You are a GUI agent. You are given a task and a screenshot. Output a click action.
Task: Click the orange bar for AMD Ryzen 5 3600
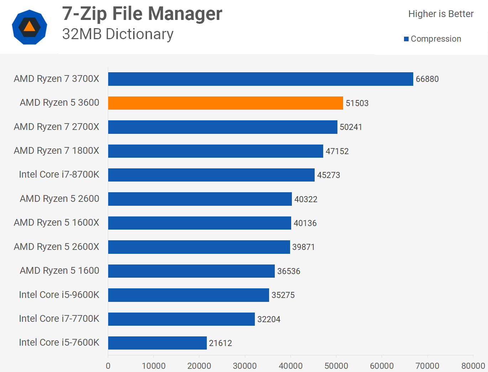tap(225, 103)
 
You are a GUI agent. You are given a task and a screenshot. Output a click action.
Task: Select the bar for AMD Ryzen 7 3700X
tap(261, 79)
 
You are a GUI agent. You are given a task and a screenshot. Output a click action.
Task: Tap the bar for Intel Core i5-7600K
tap(157, 343)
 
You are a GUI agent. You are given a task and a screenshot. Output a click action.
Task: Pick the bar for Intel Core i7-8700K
tap(211, 175)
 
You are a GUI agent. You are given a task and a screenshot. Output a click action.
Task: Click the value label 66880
tap(427, 79)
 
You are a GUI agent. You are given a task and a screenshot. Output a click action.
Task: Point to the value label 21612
tap(220, 343)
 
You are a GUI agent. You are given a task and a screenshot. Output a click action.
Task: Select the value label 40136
tap(305, 223)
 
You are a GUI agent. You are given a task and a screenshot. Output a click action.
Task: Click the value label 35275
tap(283, 295)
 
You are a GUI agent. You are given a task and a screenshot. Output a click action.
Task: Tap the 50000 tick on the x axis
tap(336, 366)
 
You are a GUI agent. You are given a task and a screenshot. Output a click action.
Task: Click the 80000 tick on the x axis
tap(473, 366)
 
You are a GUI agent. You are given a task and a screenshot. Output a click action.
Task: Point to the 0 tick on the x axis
tap(108, 366)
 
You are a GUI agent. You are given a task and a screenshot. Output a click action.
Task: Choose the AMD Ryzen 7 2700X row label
tap(57, 127)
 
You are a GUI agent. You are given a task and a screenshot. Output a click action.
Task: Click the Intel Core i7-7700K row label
tap(59, 318)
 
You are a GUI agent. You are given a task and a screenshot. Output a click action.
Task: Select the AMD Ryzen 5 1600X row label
tap(57, 222)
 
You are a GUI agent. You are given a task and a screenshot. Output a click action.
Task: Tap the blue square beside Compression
tap(406, 39)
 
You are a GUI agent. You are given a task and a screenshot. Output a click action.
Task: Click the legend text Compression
tap(436, 39)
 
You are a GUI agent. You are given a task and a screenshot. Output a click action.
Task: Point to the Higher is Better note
tap(441, 14)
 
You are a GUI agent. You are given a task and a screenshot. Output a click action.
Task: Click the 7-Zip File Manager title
tap(142, 14)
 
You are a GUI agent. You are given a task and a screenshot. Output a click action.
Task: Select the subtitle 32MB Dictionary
tap(118, 34)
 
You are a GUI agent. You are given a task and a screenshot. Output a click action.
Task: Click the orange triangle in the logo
tap(30, 27)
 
